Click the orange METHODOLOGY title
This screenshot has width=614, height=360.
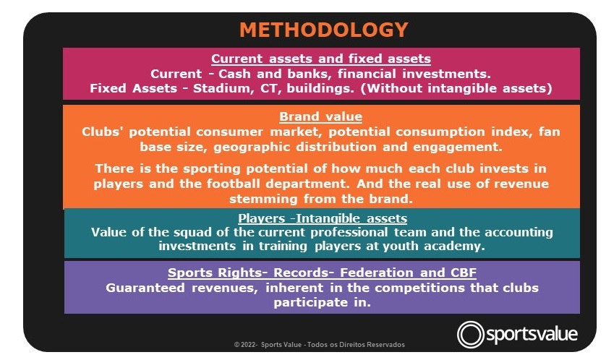(x=324, y=30)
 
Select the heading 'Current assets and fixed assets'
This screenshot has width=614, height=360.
(x=321, y=59)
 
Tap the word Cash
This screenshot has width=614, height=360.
(x=234, y=74)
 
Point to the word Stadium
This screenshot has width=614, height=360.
(x=223, y=88)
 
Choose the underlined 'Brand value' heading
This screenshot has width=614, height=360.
(x=320, y=116)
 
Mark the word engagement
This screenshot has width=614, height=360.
(x=457, y=147)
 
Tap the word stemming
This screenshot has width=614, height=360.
(x=263, y=200)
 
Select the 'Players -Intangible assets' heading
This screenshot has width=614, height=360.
(x=323, y=218)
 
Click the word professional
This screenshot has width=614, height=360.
(x=349, y=232)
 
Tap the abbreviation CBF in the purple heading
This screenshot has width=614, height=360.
(x=464, y=273)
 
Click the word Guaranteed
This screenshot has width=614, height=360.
(x=145, y=288)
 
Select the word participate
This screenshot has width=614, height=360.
(x=310, y=302)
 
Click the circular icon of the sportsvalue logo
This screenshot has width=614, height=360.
(x=470, y=335)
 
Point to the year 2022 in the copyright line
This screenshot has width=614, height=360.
(x=248, y=345)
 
